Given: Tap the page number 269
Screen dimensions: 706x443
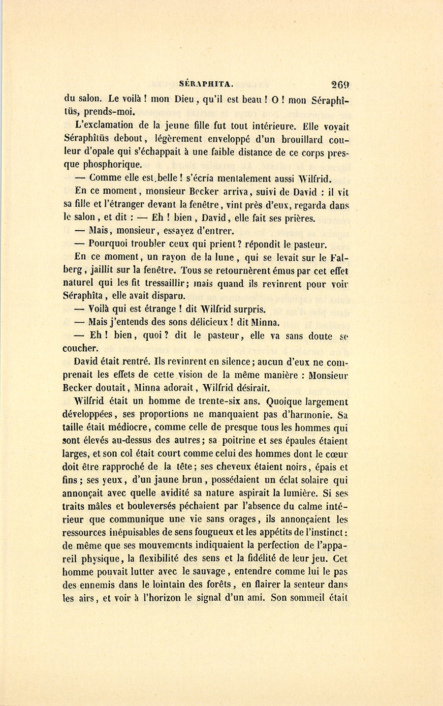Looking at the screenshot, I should pos(341,84).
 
